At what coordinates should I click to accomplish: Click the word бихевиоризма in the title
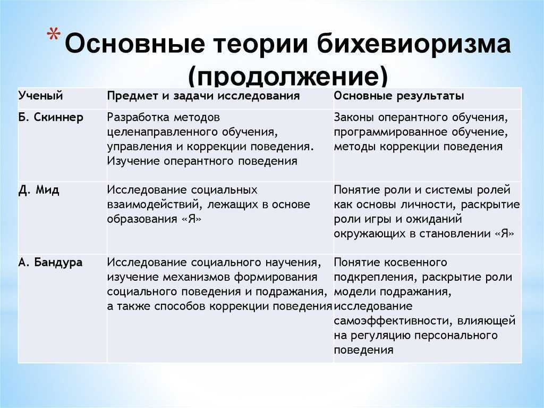click(x=414, y=44)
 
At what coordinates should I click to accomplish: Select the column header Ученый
click(x=40, y=96)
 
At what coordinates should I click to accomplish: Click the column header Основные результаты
click(x=399, y=96)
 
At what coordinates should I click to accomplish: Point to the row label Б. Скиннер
click(x=50, y=118)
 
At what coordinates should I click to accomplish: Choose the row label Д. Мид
click(x=39, y=190)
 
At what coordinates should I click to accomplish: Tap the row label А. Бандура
click(x=50, y=262)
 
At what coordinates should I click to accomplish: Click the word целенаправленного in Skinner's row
click(x=161, y=132)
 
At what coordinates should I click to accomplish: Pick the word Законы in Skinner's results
click(x=354, y=118)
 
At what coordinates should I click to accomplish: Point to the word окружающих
click(x=370, y=234)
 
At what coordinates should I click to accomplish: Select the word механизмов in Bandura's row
click(x=197, y=277)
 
